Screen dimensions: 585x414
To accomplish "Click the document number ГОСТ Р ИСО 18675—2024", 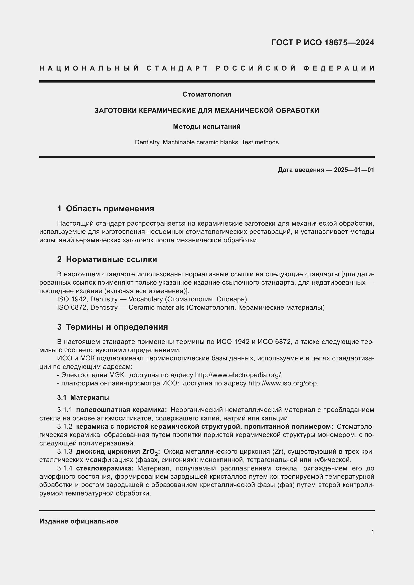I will [x=323, y=43].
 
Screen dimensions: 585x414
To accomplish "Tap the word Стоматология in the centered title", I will [x=207, y=94].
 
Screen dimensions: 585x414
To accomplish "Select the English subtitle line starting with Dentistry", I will [x=207, y=142].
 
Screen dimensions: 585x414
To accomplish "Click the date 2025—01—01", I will [x=354, y=170].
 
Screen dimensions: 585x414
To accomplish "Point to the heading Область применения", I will [x=110, y=209].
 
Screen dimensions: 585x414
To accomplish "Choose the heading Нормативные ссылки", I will [x=111, y=259].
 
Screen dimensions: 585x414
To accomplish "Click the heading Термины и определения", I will [x=117, y=327].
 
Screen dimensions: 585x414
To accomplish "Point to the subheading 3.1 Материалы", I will [x=83, y=397].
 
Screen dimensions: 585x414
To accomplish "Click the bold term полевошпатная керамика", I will [x=121, y=410].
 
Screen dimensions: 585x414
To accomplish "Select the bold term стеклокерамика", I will [x=105, y=468].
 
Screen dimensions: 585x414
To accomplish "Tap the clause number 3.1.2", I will [x=65, y=426].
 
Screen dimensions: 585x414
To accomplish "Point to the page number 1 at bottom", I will [x=372, y=532].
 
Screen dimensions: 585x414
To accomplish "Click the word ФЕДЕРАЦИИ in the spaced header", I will [x=339, y=68].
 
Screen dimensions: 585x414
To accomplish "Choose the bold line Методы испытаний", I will [x=207, y=126].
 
